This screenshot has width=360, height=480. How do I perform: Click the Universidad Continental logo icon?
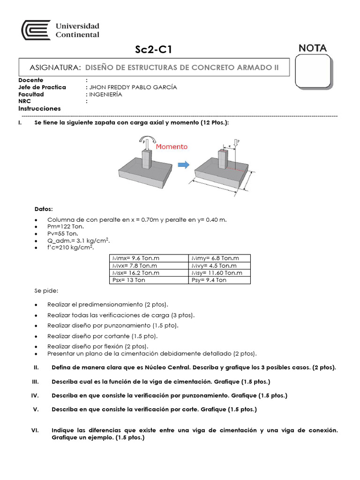[36, 30]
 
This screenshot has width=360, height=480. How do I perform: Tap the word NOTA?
[312, 48]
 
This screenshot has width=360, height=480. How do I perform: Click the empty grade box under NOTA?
[313, 71]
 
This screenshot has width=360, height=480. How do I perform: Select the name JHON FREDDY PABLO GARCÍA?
[133, 87]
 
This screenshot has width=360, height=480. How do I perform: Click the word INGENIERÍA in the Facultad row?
[105, 94]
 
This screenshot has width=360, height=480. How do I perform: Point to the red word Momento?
[172, 147]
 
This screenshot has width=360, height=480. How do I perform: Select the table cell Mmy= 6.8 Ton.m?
[215, 258]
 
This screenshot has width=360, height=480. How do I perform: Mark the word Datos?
[44, 209]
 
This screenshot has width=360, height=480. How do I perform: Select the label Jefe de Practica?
[42, 87]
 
